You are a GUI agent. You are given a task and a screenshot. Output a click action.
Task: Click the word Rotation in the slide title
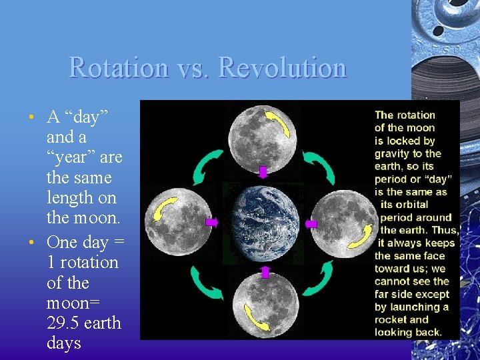click(x=117, y=68)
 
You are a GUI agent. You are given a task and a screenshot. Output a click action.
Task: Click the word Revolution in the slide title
click(x=283, y=68)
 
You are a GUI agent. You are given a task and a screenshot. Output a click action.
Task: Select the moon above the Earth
click(x=263, y=133)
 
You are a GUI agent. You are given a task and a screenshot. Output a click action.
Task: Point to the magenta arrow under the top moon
click(x=263, y=172)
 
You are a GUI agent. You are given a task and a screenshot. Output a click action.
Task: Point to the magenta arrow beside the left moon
click(x=212, y=222)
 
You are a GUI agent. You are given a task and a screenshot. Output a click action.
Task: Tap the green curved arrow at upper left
click(x=208, y=167)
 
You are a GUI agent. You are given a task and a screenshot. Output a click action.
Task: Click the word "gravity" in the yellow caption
click(x=392, y=153)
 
